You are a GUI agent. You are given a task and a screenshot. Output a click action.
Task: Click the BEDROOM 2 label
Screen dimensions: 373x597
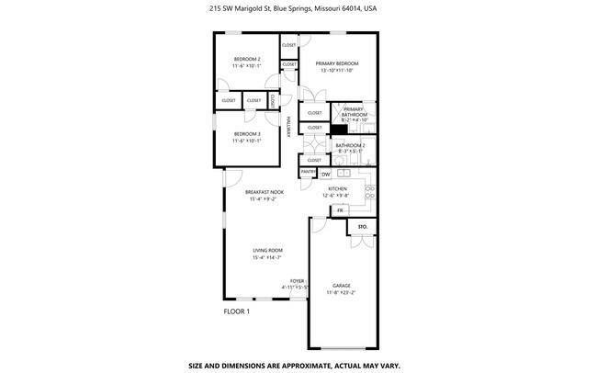pyautogui.click(x=246, y=58)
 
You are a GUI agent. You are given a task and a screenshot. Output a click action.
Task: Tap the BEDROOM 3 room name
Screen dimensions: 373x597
pyautogui.click(x=246, y=133)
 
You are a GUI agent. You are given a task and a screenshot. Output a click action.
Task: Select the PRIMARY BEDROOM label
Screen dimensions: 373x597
pyautogui.click(x=336, y=63)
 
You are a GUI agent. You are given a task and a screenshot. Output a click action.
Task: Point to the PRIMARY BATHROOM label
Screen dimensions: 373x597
pyautogui.click(x=355, y=110)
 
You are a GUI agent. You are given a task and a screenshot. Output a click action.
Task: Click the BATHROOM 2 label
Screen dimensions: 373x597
pyautogui.click(x=350, y=145)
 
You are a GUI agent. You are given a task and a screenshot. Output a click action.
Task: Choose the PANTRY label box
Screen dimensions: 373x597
pyautogui.click(x=308, y=172)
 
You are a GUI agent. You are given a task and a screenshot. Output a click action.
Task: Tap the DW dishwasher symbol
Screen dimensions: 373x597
pyautogui.click(x=325, y=174)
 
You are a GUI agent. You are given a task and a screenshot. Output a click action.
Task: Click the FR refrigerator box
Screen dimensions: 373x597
pyautogui.click(x=340, y=210)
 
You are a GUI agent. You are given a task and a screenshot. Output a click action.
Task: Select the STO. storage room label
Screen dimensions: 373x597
pyautogui.click(x=362, y=225)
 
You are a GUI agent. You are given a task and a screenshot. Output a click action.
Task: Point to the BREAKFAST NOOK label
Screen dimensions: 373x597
pyautogui.click(x=264, y=192)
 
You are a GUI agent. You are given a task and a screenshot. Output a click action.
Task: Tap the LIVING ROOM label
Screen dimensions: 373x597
pyautogui.click(x=267, y=250)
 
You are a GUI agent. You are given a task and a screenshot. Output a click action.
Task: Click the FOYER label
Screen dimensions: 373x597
pyautogui.click(x=297, y=281)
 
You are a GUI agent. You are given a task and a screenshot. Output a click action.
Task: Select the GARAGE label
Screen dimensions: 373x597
pyautogui.click(x=342, y=286)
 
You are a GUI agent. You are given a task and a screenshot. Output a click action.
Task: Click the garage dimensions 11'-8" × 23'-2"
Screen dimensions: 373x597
pyautogui.click(x=342, y=292)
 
